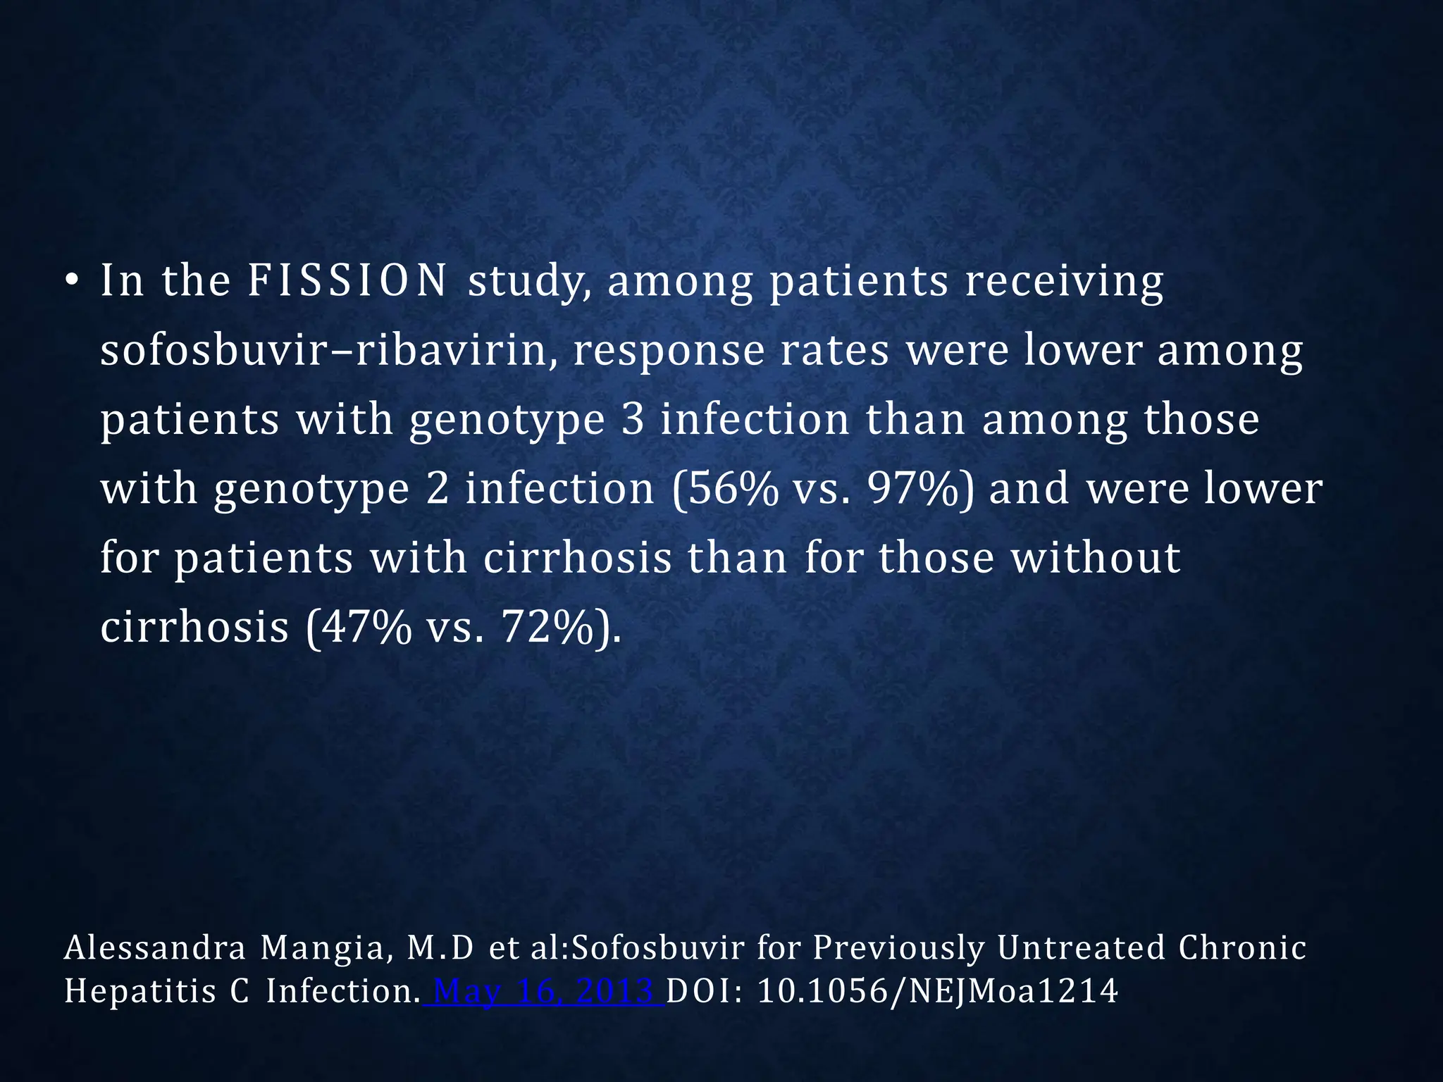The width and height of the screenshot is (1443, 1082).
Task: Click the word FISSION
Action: click(347, 280)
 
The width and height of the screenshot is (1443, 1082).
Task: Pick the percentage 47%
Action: click(359, 626)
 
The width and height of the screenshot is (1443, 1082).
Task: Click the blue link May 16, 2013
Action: click(544, 992)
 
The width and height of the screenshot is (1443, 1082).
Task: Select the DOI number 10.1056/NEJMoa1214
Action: click(937, 992)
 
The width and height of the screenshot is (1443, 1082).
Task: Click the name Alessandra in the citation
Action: click(155, 948)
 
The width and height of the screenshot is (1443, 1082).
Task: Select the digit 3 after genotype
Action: click(633, 419)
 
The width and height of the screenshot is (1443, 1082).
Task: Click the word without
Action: click(1096, 557)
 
